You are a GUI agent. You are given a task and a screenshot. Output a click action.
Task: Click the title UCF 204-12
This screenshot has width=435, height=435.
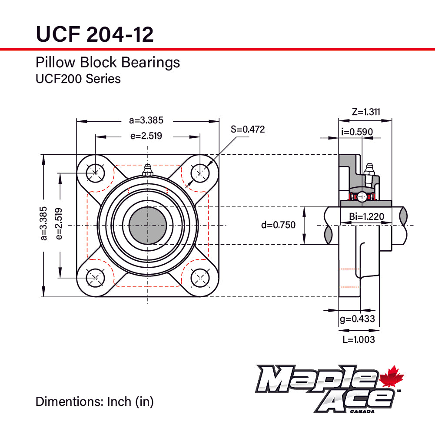tap(95, 34)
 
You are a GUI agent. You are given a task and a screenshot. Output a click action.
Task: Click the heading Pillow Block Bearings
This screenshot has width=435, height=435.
tap(107, 63)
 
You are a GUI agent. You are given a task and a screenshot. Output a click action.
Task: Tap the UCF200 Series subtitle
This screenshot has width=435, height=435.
tap(78, 79)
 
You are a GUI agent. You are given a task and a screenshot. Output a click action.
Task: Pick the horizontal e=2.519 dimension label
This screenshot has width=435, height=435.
tap(146, 136)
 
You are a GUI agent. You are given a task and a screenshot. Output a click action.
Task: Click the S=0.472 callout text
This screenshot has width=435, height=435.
tap(247, 129)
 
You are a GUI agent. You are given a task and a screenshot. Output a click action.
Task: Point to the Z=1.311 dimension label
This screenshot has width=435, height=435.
tap(365, 112)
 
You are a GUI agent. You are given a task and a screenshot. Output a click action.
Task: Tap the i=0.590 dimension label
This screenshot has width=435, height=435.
tap(356, 132)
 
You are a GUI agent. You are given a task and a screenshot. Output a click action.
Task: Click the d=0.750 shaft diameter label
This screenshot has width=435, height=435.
tap(278, 225)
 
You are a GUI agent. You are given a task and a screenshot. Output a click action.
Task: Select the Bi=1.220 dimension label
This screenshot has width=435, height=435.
tap(366, 216)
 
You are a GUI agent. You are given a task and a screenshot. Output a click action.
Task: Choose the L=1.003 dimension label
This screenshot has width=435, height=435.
tap(358, 340)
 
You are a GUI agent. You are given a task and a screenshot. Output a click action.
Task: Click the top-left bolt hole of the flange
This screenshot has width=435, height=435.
tap(95, 173)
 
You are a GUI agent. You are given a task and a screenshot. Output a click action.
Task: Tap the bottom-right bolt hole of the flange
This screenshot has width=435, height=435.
tap(200, 277)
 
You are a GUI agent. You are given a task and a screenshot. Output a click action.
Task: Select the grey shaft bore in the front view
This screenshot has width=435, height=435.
tap(148, 226)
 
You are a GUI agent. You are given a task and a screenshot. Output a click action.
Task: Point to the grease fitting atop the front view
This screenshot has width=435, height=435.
tap(147, 170)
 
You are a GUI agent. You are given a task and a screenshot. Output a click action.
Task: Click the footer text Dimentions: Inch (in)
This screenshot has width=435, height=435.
tap(94, 402)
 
